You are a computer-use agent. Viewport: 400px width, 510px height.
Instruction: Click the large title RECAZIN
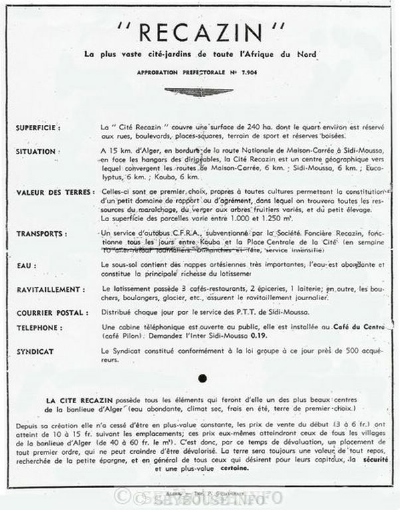(201, 32)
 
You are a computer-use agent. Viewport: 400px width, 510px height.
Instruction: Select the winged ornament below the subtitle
(199, 92)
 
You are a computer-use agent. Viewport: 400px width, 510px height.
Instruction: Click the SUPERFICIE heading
(38, 127)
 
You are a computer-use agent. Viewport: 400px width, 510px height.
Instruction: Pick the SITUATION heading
(36, 152)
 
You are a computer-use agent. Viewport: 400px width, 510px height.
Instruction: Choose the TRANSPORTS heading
(42, 234)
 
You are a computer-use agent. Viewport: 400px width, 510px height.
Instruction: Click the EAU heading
(27, 265)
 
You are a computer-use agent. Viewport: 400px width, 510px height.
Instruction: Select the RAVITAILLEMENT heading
(50, 290)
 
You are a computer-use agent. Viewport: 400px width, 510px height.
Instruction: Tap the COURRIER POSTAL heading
(51, 313)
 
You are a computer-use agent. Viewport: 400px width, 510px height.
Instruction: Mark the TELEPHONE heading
(41, 327)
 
